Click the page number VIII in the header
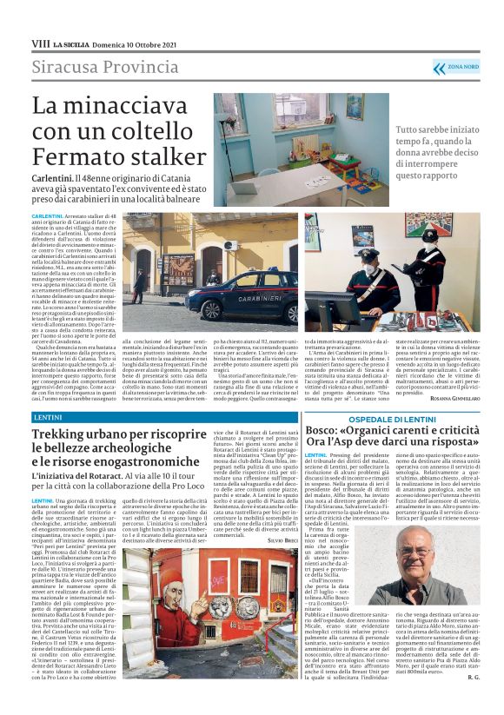[40, 43]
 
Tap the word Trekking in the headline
[68, 434]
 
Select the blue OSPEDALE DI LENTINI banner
[393, 419]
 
